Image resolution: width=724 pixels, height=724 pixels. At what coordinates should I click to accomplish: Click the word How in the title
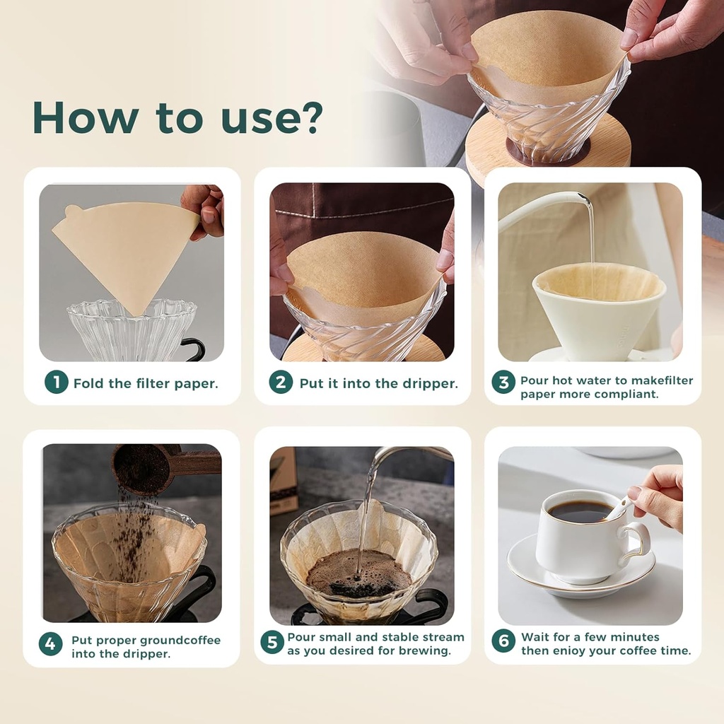click(85, 117)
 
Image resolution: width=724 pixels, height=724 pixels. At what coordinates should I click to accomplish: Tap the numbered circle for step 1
click(56, 383)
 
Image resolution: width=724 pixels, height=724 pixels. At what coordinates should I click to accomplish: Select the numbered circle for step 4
click(50, 644)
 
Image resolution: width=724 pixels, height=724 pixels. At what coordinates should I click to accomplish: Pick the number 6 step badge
click(503, 641)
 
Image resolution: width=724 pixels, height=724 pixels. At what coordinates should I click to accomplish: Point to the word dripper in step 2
click(431, 383)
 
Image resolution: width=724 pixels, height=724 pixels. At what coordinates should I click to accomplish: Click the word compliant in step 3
click(627, 394)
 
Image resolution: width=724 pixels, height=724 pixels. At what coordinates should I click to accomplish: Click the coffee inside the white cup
click(580, 510)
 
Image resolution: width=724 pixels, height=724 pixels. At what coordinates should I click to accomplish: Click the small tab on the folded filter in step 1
click(73, 211)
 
